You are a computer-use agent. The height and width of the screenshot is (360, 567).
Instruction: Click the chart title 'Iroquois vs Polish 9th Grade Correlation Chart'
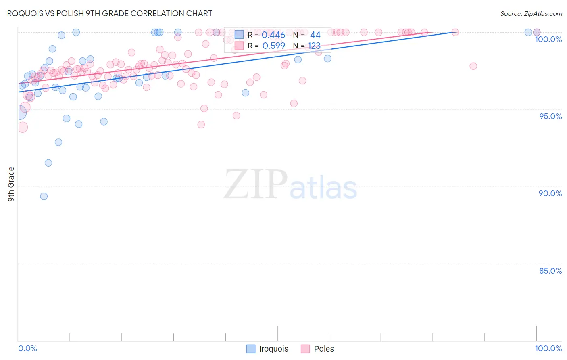(108, 13)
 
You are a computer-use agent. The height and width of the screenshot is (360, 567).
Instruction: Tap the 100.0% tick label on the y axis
(548, 39)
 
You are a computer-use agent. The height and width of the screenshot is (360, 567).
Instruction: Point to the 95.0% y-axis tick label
(550, 116)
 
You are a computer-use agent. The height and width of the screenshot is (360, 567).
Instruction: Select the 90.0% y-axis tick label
(550, 193)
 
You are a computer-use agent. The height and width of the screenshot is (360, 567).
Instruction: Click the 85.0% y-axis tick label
(550, 271)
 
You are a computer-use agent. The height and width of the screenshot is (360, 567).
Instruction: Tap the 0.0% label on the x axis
(27, 348)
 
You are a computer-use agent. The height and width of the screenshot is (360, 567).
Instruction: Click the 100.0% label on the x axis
(548, 348)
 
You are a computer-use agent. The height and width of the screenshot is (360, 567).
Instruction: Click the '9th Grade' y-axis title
(11, 184)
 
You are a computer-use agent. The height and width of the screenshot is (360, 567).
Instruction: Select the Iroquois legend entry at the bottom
(267, 349)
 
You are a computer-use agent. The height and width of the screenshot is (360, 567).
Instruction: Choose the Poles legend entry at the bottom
(317, 349)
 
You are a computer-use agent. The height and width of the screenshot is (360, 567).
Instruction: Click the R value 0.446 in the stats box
(273, 35)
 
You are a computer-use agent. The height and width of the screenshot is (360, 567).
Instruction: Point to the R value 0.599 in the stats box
(273, 46)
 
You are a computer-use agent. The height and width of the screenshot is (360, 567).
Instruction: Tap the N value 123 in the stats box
(314, 46)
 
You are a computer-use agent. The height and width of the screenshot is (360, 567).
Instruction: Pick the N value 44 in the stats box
(315, 35)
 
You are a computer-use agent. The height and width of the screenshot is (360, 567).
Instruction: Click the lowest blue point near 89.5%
(44, 196)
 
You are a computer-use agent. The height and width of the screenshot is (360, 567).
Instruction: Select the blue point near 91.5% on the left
(48, 163)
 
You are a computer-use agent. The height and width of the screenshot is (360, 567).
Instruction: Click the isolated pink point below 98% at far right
(473, 66)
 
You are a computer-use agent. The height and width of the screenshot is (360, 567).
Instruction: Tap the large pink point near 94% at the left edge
(22, 128)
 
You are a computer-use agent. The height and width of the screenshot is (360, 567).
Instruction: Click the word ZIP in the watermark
(255, 184)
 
